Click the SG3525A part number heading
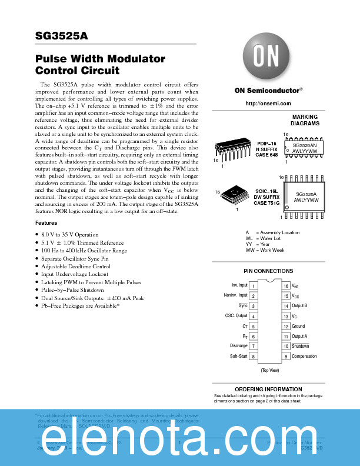click(x=61, y=35)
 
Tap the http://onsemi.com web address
click(x=268, y=104)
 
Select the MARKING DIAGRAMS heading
click(x=305, y=120)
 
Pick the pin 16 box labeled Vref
click(x=286, y=285)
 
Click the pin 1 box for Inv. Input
click(x=253, y=285)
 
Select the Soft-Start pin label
click(x=238, y=357)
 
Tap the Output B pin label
click(x=299, y=306)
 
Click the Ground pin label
click(x=298, y=326)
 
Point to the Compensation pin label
click(x=304, y=357)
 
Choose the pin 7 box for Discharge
click(x=253, y=347)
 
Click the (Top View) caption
click(x=269, y=370)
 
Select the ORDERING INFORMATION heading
click(x=269, y=390)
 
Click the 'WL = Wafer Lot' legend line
click(x=265, y=238)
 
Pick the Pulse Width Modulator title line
click(x=100, y=59)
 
